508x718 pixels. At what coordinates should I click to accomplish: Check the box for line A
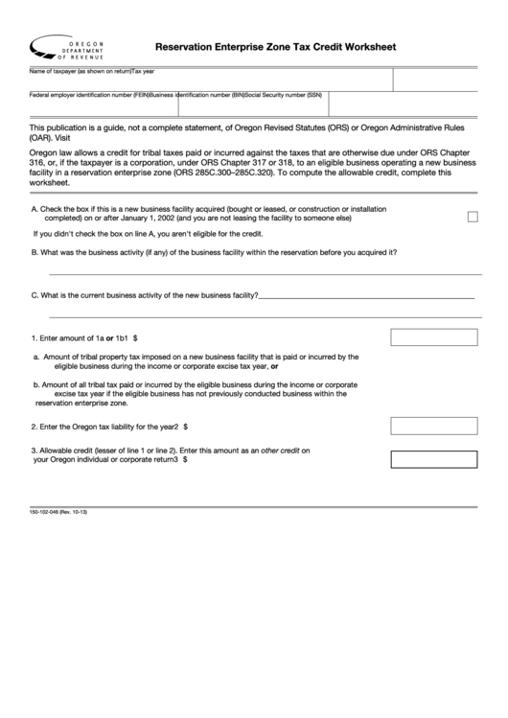pyautogui.click(x=473, y=217)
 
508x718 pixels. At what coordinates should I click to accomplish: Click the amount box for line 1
pyautogui.click(x=428, y=337)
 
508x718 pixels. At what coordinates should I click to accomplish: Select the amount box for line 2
pyautogui.click(x=428, y=425)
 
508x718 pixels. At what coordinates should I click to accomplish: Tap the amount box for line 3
pyautogui.click(x=428, y=458)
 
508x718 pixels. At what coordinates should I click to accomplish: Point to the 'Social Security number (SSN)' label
pyautogui.click(x=284, y=95)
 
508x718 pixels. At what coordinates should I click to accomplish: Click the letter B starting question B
pyautogui.click(x=35, y=253)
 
